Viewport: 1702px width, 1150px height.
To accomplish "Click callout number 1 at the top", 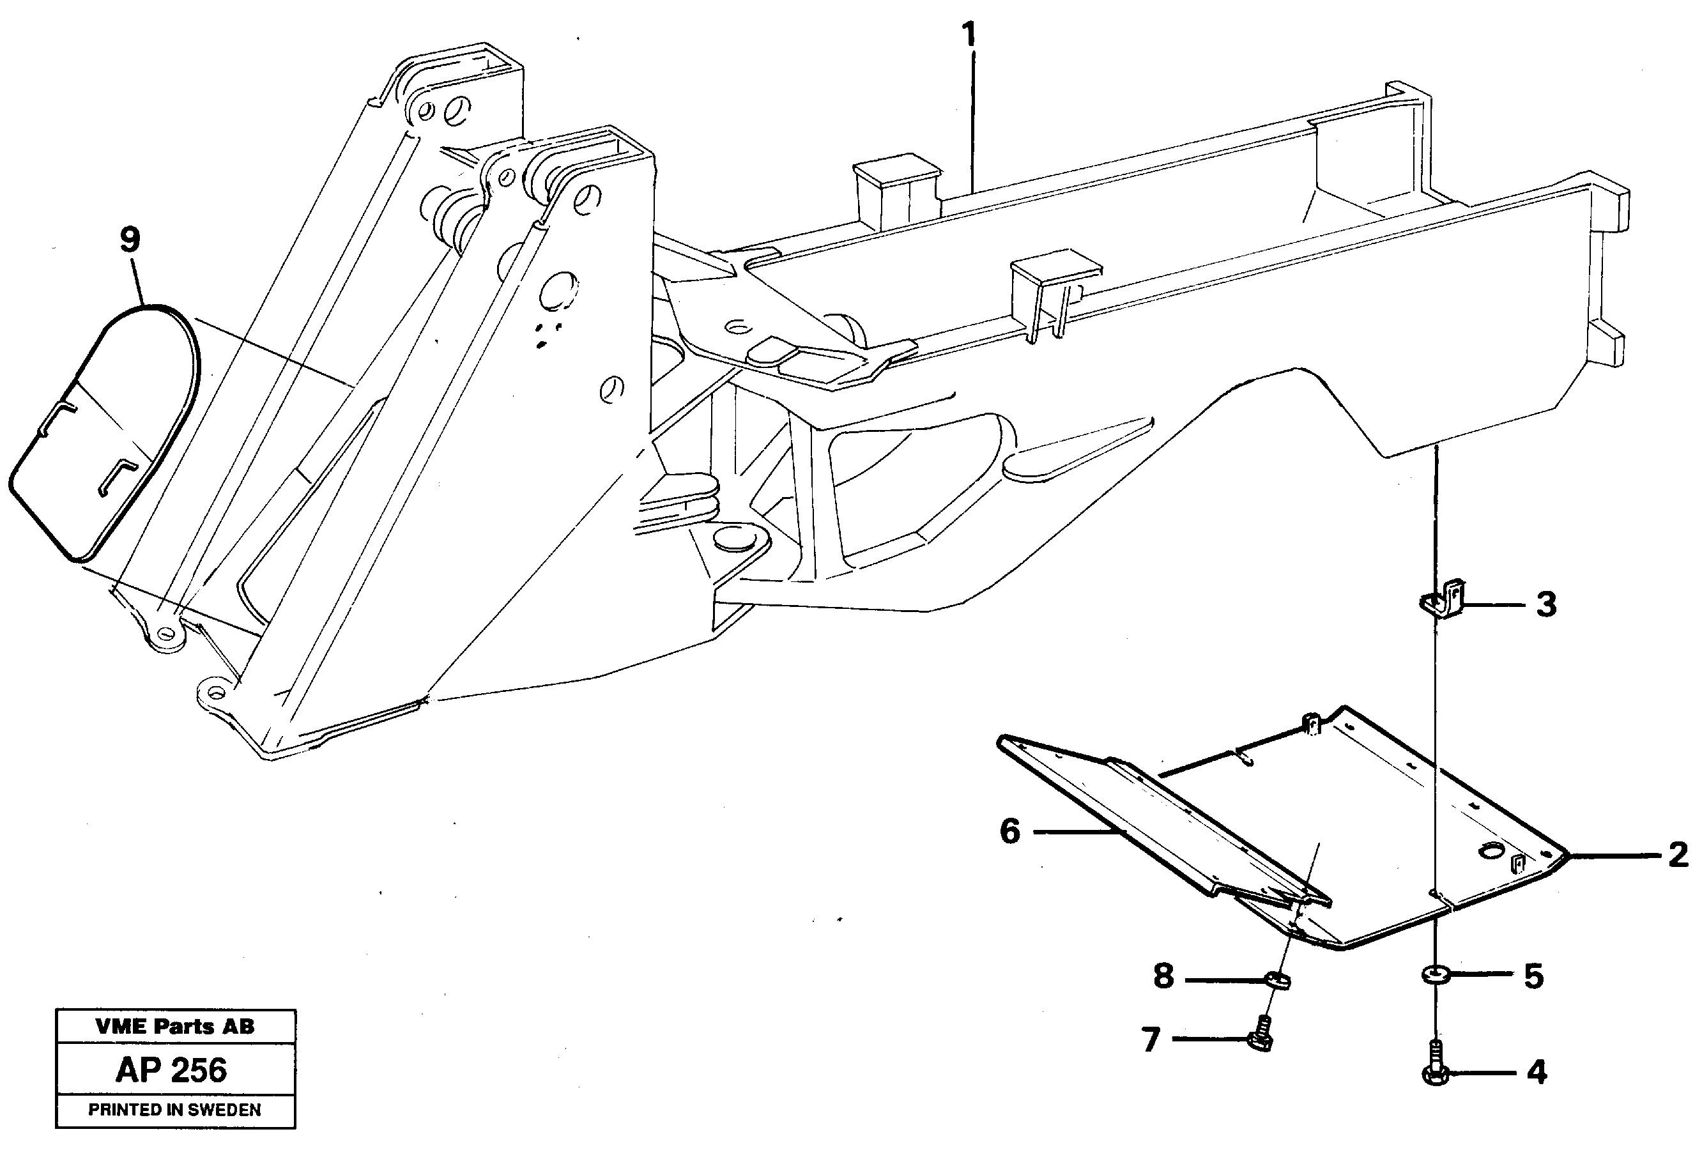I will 969,34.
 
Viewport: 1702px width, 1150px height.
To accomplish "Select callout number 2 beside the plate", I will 1677,855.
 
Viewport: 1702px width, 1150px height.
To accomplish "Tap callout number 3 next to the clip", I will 1545,605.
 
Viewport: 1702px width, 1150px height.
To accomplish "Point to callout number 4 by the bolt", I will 1537,1072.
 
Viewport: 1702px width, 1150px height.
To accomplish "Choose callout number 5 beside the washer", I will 1533,976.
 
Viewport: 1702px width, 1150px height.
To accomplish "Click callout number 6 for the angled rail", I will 1010,831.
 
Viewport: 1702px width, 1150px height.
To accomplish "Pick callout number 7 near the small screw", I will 1151,1039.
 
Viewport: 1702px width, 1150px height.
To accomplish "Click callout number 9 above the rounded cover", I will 130,240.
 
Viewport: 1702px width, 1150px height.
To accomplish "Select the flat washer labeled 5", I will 1435,975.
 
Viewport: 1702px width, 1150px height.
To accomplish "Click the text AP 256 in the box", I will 172,1070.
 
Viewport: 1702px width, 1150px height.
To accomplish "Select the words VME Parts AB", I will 175,1026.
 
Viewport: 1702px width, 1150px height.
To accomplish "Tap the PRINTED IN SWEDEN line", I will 175,1110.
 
